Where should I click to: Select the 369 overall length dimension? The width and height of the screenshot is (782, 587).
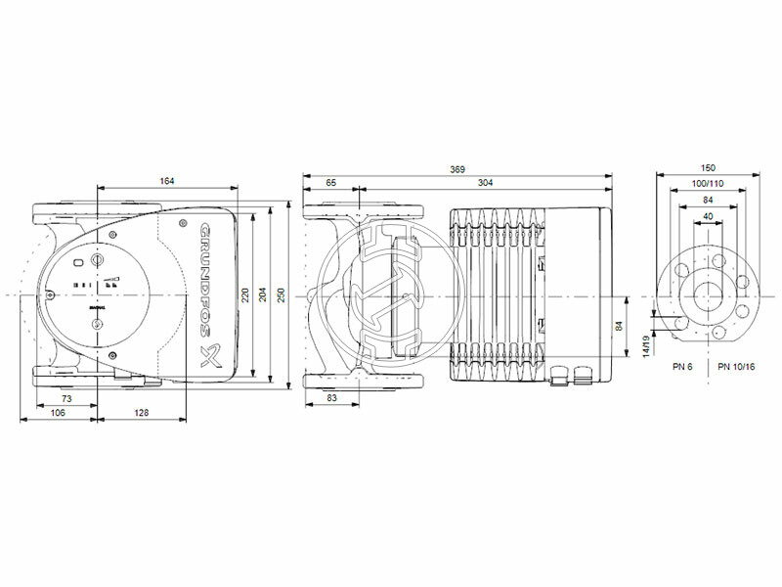coord(456,170)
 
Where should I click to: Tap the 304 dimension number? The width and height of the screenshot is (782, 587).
coord(486,184)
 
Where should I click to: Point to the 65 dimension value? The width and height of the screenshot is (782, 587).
coord(331,184)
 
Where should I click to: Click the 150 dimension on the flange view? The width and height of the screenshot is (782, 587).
coord(708,169)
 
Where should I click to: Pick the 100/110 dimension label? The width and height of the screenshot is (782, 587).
coord(708,185)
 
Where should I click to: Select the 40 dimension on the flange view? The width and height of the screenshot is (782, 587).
coord(708,215)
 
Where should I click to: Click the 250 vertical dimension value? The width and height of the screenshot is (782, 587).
coord(281,293)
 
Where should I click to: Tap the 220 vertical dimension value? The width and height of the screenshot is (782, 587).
coord(246,293)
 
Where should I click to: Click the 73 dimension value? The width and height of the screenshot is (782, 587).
coord(67,400)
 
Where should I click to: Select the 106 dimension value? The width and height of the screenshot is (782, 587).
coord(60,415)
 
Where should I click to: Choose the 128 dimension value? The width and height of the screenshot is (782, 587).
coord(145,415)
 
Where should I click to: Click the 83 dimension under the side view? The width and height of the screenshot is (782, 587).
coord(331,400)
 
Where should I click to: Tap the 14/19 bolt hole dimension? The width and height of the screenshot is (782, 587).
coord(645,344)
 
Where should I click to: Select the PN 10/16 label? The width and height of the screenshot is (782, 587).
coord(736,366)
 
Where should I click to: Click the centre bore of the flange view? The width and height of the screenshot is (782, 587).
coord(708,293)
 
